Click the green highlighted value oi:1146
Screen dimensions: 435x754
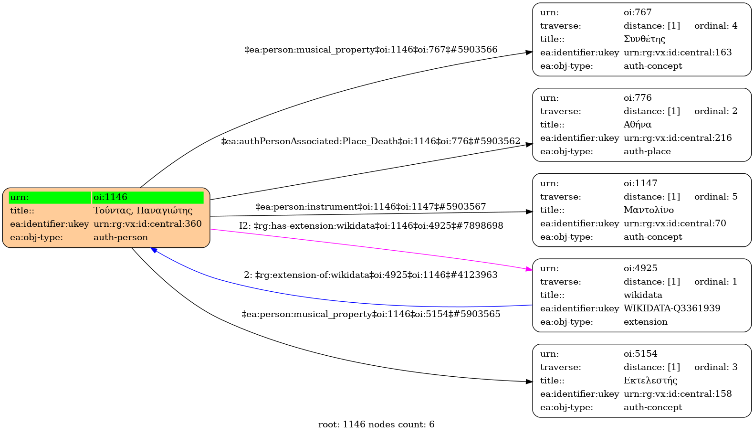click(111, 197)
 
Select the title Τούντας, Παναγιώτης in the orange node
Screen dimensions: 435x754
click(143, 211)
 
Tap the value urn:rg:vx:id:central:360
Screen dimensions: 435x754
click(147, 224)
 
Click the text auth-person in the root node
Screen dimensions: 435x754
click(121, 237)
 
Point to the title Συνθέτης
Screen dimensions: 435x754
click(644, 39)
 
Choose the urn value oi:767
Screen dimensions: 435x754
click(638, 12)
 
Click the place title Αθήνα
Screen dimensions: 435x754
click(638, 125)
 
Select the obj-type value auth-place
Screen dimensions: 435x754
click(647, 151)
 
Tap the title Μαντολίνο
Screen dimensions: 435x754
click(649, 210)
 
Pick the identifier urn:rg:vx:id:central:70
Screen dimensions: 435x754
click(675, 223)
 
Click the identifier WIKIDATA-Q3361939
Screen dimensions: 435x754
click(672, 308)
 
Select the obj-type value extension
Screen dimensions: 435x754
click(646, 322)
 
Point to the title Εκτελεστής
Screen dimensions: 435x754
click(650, 381)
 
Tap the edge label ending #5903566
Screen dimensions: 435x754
click(371, 50)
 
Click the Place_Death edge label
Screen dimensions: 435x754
click(371, 141)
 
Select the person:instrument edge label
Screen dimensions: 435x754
click(371, 207)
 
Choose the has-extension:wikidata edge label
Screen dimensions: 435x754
click(371, 226)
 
